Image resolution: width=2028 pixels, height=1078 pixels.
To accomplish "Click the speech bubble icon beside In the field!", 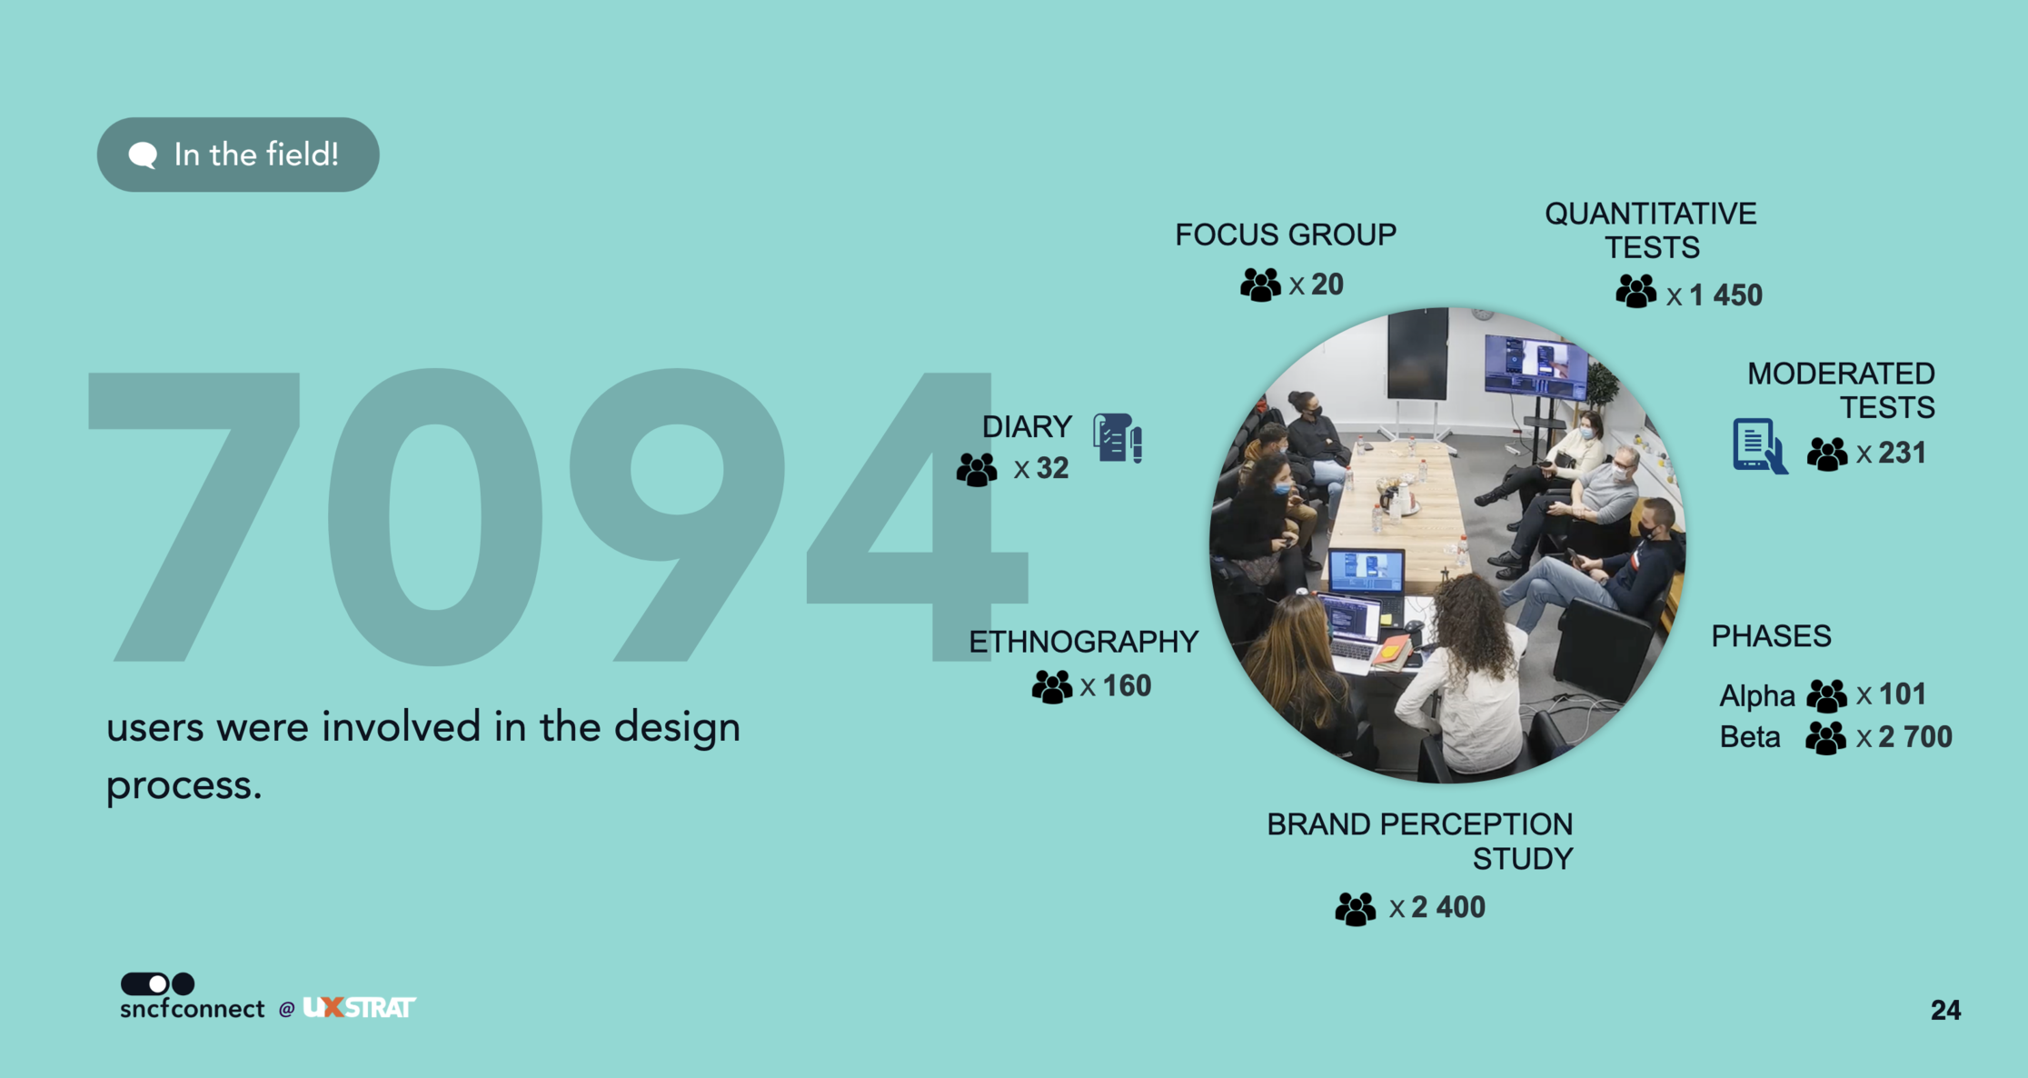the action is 143,155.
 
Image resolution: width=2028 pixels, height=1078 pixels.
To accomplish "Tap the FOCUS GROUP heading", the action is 1286,235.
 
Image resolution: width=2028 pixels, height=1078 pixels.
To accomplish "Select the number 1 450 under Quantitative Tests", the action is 1725,295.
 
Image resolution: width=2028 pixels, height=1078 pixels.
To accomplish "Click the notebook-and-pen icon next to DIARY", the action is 1118,438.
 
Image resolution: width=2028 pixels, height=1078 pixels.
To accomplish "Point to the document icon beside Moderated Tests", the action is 1760,445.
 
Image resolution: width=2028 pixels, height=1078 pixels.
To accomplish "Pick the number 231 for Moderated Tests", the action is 1902,453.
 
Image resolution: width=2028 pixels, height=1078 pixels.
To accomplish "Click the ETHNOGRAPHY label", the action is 1084,642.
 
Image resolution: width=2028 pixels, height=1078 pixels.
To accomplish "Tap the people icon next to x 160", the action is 1052,687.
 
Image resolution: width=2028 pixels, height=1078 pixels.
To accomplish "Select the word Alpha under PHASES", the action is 1757,696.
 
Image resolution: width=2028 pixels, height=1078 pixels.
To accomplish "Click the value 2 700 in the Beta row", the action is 1915,737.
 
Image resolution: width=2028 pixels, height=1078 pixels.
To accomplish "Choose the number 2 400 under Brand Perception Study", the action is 1448,907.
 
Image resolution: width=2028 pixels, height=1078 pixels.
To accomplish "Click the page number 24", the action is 1945,1010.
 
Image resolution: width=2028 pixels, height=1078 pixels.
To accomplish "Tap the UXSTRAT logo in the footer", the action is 359,1007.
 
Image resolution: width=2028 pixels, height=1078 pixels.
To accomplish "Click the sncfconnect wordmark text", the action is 193,1009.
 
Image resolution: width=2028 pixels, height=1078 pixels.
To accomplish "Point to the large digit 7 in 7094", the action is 194,515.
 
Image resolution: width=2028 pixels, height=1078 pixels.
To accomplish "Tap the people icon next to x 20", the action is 1260,285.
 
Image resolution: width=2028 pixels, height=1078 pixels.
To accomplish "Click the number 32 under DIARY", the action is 1052,468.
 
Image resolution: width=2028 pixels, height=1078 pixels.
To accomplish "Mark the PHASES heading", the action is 1771,636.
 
